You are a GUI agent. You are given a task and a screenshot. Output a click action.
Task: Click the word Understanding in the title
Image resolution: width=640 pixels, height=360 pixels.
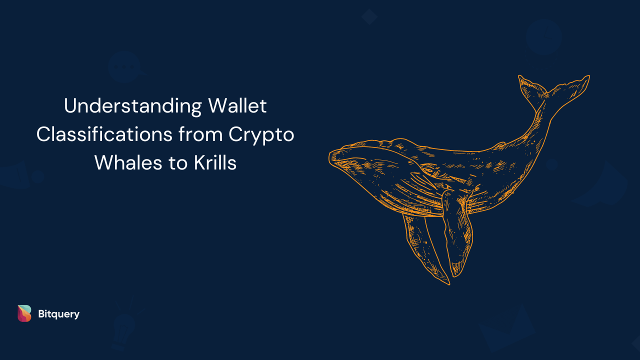point(133,106)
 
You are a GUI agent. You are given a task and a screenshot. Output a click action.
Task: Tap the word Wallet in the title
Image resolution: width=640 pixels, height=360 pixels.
point(237,105)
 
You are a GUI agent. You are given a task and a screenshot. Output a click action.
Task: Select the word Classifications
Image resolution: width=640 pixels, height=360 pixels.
point(104,134)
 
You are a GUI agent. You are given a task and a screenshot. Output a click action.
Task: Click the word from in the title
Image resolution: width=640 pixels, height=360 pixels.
point(200,134)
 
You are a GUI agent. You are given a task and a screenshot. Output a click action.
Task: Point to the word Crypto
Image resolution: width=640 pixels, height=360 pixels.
point(261,135)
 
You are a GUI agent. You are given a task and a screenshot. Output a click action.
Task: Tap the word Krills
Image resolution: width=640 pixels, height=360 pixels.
point(215,162)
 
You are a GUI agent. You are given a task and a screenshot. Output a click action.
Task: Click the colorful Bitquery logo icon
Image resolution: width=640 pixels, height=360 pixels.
point(24,313)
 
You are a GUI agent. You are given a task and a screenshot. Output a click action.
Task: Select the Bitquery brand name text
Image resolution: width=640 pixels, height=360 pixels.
point(59,314)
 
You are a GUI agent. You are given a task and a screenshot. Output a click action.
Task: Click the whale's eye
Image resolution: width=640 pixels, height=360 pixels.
point(429,171)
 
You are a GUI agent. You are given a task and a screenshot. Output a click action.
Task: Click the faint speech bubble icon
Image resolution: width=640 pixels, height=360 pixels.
point(125,67)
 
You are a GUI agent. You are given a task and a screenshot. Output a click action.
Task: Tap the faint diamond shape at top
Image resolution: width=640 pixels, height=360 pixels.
point(369,17)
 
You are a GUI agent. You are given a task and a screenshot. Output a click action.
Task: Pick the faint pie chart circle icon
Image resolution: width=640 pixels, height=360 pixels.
point(544,37)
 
